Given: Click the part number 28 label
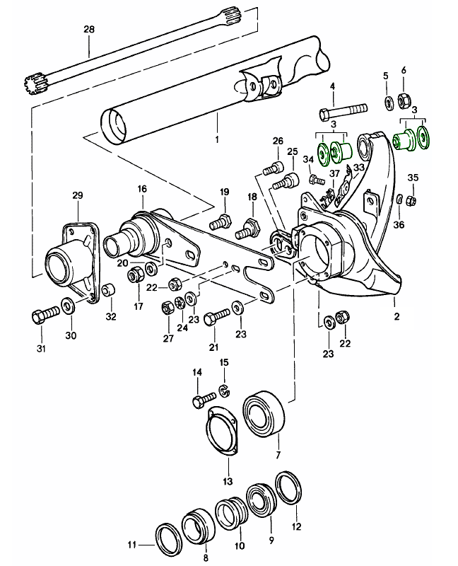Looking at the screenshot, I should [x=88, y=29].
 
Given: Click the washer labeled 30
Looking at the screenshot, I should [x=69, y=306].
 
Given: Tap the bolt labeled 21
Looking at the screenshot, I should [x=215, y=318].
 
